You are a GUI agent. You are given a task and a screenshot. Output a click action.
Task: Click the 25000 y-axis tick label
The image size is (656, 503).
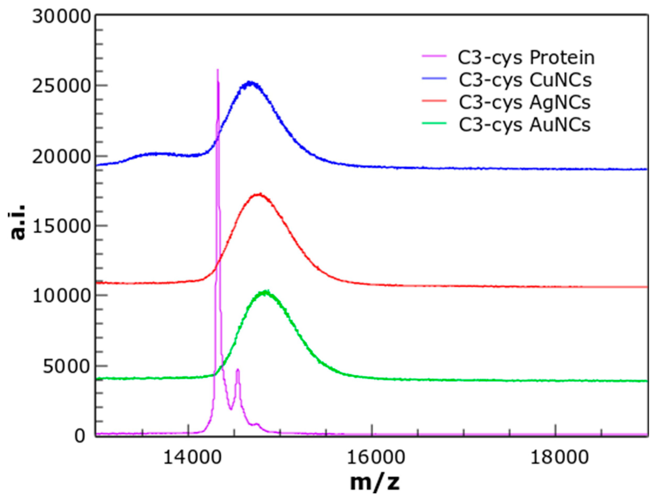(x=62, y=87)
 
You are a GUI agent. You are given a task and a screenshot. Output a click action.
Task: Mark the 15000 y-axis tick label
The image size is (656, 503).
(x=62, y=227)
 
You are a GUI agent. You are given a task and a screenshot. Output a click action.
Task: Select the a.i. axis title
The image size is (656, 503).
(x=18, y=222)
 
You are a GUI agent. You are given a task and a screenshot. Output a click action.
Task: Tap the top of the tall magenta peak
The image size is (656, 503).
(x=217, y=70)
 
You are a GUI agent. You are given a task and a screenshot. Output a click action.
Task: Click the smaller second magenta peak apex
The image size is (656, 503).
(x=238, y=370)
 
